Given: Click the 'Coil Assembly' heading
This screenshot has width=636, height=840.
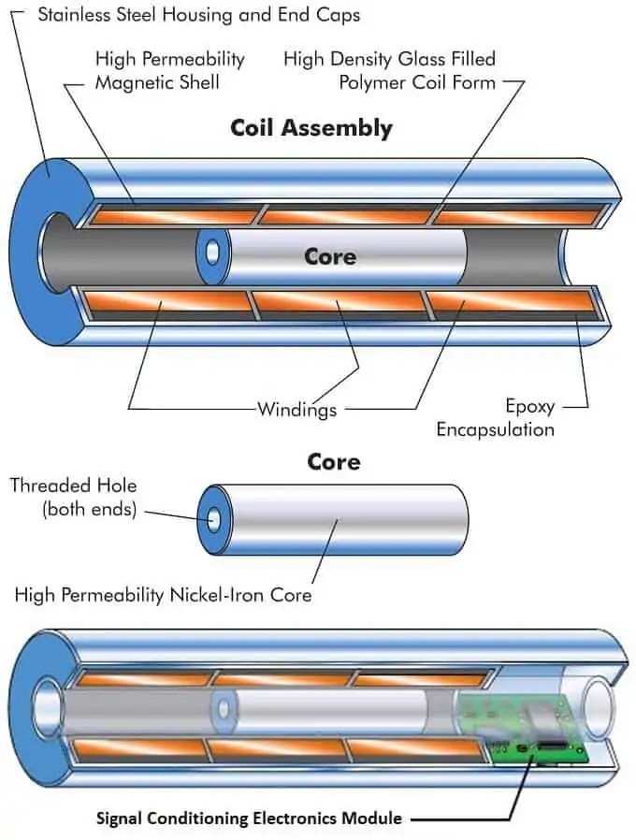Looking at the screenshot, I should point(311,128).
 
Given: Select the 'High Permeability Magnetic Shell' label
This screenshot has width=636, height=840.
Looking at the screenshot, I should point(169,70).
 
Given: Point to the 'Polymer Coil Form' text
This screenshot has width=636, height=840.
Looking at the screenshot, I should point(418,82).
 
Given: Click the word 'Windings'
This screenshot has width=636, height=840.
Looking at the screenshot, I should point(296,408).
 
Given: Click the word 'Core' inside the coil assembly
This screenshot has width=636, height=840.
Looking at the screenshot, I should point(329,255).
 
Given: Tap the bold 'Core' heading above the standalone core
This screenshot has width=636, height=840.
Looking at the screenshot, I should point(333,462).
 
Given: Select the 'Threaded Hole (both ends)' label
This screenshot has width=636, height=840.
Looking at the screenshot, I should point(73,497).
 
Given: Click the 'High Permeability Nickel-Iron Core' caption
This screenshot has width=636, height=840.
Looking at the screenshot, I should point(163,594).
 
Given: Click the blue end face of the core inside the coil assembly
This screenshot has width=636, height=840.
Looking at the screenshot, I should point(213,253).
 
